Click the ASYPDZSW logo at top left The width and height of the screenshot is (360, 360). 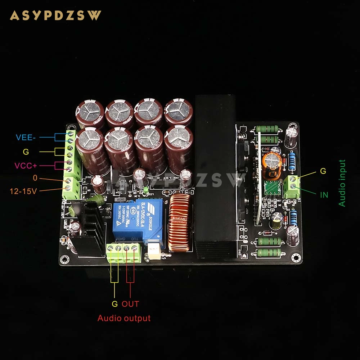55,15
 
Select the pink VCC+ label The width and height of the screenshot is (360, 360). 25,166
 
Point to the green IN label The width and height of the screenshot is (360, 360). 324,195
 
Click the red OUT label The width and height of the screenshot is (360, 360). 130,304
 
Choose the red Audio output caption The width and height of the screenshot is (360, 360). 124,318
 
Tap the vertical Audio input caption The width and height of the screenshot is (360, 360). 342,183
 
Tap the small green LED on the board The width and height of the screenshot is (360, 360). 145,189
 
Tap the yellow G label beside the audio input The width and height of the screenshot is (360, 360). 323,171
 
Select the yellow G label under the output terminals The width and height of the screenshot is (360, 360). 114,304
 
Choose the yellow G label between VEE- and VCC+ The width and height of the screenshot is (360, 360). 26,152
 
